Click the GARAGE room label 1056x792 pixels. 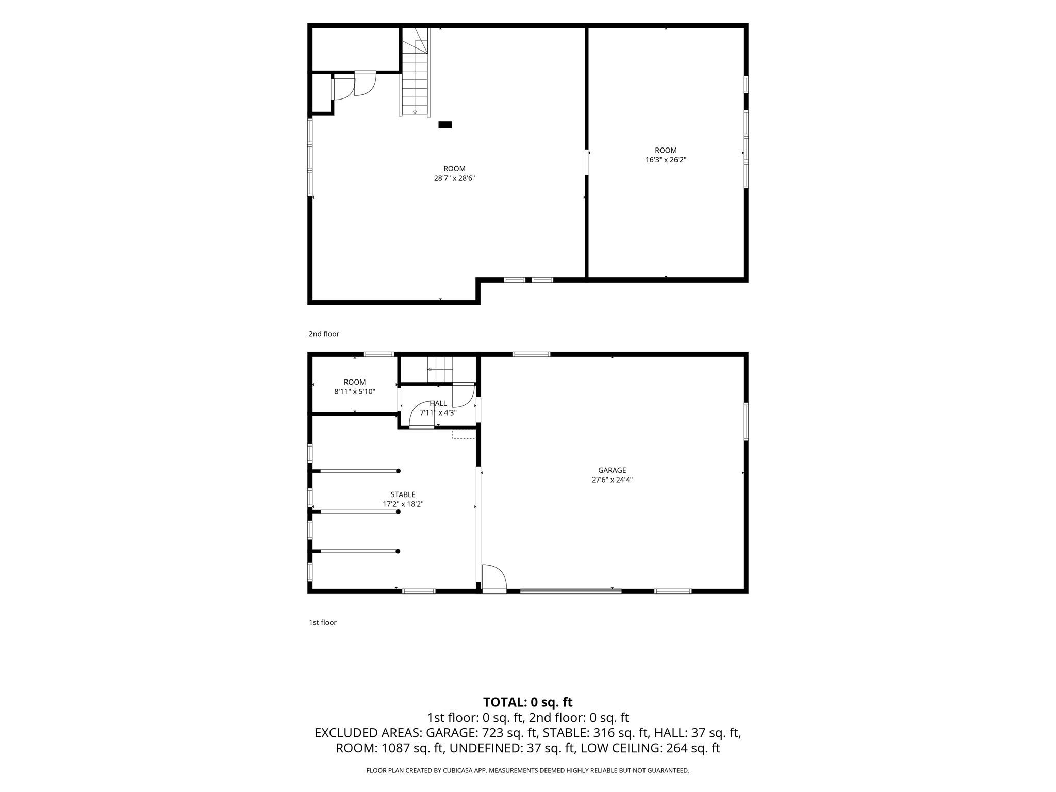tap(612, 470)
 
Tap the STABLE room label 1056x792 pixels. tap(403, 494)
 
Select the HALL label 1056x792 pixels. tap(438, 403)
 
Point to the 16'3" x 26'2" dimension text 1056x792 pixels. tap(666, 160)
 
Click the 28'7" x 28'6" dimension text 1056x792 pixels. tap(454, 178)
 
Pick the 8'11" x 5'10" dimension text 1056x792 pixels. tap(355, 392)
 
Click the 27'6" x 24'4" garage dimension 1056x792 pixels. tap(612, 480)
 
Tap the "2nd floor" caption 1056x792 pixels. tap(324, 334)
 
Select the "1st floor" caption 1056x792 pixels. tap(323, 622)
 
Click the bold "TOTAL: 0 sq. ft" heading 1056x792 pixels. tap(528, 702)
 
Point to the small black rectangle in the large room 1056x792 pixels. tap(445, 125)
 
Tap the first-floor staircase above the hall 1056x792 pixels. tap(439, 370)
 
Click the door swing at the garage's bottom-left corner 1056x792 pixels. tap(494, 577)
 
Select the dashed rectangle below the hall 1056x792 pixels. tap(464, 434)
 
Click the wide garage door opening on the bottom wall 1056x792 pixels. tap(571, 591)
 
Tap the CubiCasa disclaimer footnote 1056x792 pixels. tap(527, 770)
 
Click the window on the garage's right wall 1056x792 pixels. tap(746, 421)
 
